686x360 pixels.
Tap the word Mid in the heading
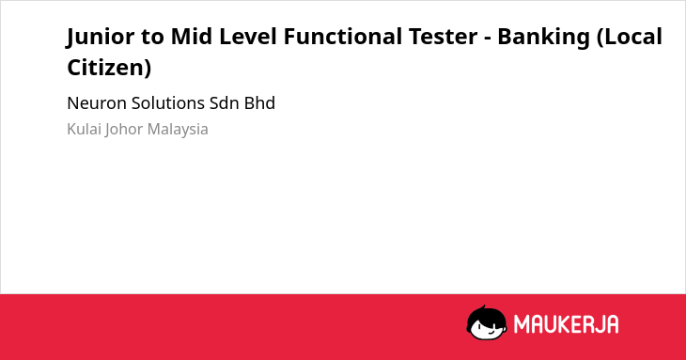pos(191,36)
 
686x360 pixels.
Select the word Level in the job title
pos(248,36)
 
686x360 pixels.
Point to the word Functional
pos(343,36)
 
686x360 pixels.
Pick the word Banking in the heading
pos(544,38)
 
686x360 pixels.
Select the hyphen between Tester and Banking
pos(488,39)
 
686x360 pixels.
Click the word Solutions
pos(168,103)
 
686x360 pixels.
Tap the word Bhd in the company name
pos(260,103)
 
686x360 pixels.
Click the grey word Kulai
pos(84,129)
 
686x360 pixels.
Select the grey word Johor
pos(124,130)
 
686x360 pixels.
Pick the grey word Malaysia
pos(178,130)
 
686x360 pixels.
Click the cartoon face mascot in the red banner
pos(487,322)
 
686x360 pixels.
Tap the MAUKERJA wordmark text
pos(566,324)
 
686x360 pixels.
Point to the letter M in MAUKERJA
pos(522,324)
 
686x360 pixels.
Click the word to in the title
pos(152,37)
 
